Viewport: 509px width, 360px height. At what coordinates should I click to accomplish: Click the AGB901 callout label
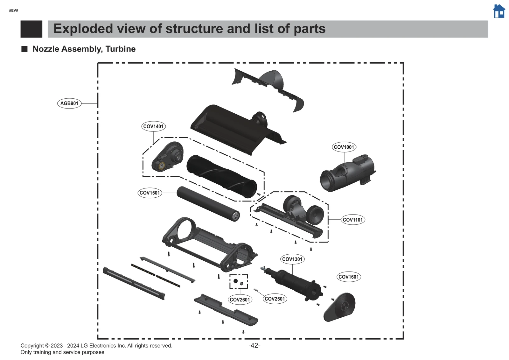pos(69,103)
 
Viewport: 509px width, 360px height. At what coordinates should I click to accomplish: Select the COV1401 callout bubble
pos(153,126)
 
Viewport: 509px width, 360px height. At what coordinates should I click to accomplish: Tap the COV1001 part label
pos(344,147)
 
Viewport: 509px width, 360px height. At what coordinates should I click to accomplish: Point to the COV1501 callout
pos(150,193)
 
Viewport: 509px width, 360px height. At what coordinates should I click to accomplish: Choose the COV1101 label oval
pos(352,220)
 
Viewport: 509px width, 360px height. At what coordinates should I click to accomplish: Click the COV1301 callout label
pos(292,259)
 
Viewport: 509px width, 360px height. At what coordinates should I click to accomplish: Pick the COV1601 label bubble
pos(348,277)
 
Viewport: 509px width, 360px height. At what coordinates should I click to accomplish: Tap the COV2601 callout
pos(240,300)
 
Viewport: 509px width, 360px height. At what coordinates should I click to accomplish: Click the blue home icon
pos(499,11)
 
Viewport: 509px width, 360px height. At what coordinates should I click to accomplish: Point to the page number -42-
pos(254,346)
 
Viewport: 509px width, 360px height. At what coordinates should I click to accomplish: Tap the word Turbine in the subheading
pos(121,49)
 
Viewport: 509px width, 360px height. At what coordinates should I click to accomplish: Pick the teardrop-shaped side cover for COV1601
pos(341,307)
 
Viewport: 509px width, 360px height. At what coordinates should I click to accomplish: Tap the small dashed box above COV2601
pos(239,282)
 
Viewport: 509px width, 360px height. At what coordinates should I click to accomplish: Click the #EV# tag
pos(14,11)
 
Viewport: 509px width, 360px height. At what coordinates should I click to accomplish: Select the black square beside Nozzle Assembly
pos(24,49)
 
